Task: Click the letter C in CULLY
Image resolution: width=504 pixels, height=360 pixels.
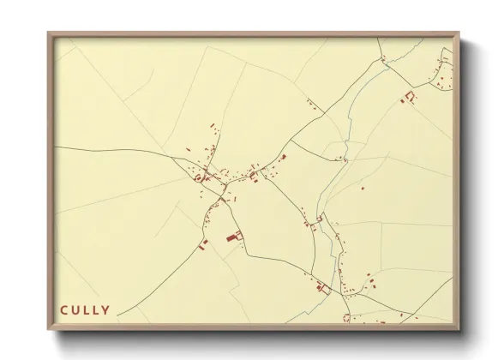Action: [64, 309]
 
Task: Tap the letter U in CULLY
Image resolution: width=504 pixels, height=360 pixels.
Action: [76, 309]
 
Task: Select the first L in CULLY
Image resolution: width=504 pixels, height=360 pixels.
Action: [87, 309]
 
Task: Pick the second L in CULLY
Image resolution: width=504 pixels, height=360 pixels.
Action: [97, 309]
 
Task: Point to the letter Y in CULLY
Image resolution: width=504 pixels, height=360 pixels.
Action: [106, 309]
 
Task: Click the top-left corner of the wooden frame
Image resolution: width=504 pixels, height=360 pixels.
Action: [48, 33]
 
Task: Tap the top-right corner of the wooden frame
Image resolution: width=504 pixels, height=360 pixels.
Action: [461, 33]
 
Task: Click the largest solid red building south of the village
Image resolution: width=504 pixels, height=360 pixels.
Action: [231, 237]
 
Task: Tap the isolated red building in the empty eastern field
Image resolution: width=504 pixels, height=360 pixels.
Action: [363, 186]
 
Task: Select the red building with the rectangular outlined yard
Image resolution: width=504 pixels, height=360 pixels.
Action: [322, 289]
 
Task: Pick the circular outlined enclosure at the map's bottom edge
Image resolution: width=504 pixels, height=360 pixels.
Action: [346, 318]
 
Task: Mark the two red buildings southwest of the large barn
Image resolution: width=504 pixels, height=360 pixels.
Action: [203, 245]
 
